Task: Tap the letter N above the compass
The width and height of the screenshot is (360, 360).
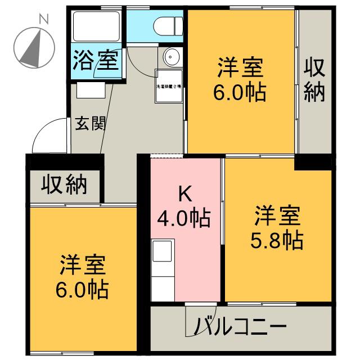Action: click(x=43, y=19)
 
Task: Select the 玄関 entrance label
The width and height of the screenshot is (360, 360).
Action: click(x=91, y=124)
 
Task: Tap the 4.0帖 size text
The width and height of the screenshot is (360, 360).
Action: click(x=184, y=217)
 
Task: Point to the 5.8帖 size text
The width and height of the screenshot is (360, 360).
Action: click(x=276, y=241)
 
